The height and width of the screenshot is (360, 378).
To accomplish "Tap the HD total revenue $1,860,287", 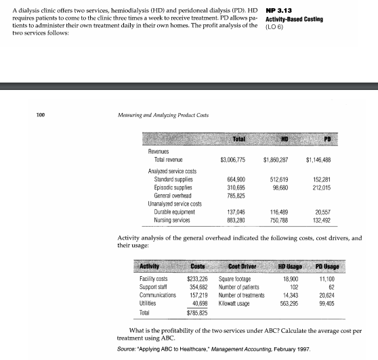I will tap(277, 159).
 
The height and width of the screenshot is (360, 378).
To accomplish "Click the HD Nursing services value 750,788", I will tap(280, 217).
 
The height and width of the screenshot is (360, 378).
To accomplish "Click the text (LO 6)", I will tap(274, 28).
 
